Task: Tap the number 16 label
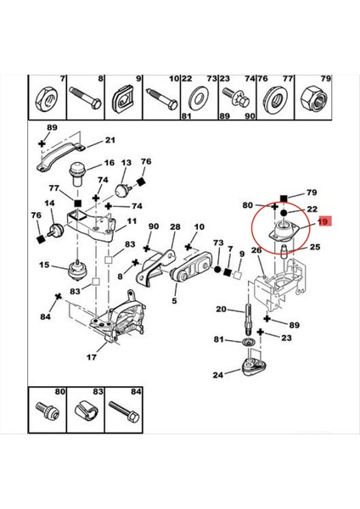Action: coord(110,163)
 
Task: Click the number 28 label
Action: coord(175,227)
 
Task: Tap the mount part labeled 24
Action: coord(253,367)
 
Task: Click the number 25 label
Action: coord(313,248)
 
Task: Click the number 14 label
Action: coord(49,204)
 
